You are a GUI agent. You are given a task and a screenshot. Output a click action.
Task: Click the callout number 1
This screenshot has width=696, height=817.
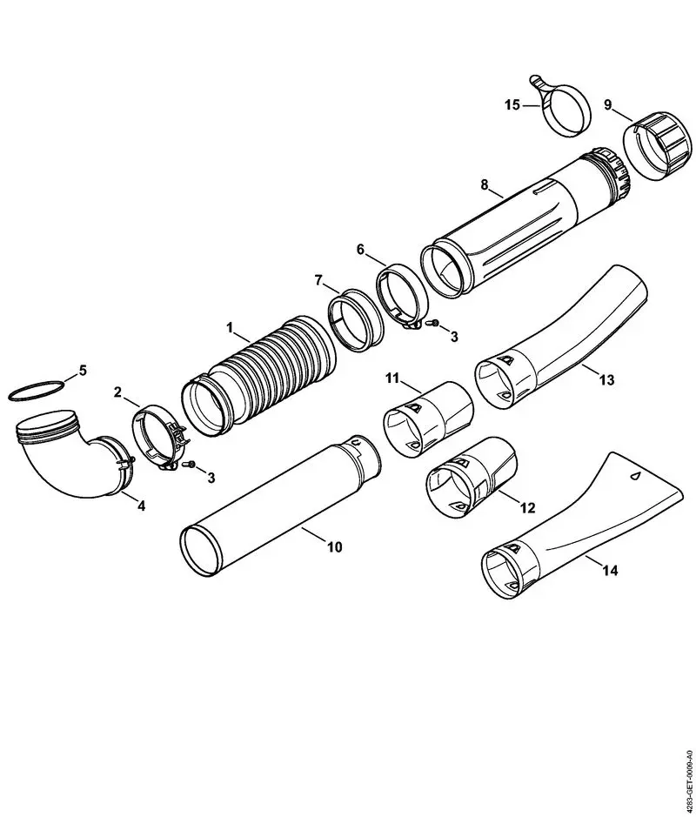(230, 328)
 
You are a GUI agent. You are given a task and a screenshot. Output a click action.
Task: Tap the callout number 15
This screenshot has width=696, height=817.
(512, 104)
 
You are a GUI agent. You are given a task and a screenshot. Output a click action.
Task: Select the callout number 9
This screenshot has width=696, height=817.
(607, 104)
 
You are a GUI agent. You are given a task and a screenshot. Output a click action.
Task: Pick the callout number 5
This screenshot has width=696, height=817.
(83, 370)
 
